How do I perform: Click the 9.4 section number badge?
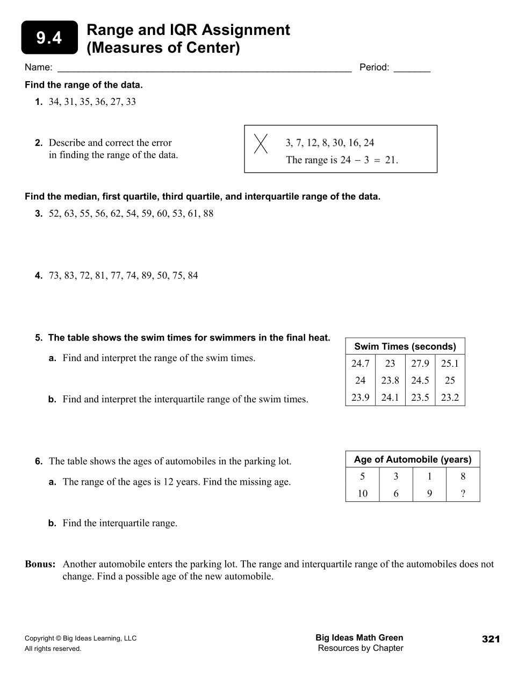coord(49,38)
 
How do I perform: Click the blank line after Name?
coord(204,68)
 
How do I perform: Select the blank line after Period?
coord(412,68)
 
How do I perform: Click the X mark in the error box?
coord(261,143)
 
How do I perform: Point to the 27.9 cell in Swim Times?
coord(420,364)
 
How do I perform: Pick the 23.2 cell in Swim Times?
coord(450,398)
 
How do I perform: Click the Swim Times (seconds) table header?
coord(405,346)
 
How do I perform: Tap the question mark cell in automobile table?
coord(463,494)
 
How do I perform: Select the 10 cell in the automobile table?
coord(363,494)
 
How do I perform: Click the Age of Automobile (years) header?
coord(413,459)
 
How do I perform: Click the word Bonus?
coord(40,564)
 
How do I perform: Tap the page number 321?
coord(491,639)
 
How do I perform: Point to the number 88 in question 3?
coord(208,214)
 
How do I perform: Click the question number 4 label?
coord(39,276)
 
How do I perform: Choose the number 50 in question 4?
coord(162,275)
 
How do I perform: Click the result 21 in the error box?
coord(391,160)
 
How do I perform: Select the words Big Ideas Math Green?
coord(359,638)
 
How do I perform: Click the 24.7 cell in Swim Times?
coord(360,364)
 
